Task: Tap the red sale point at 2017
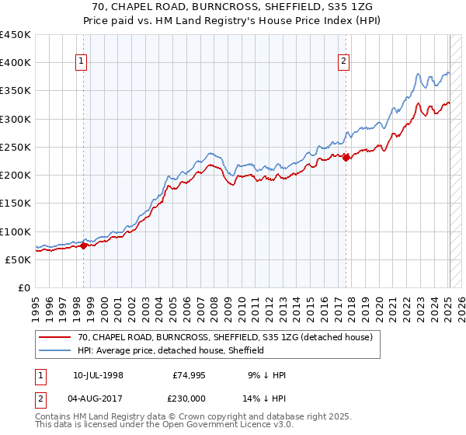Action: (346, 158)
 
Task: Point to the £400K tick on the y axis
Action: (16, 63)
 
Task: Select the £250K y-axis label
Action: (16, 147)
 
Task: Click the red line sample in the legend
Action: (55, 337)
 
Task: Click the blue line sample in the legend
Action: (55, 350)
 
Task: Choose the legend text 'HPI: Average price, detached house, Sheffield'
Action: (171, 350)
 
